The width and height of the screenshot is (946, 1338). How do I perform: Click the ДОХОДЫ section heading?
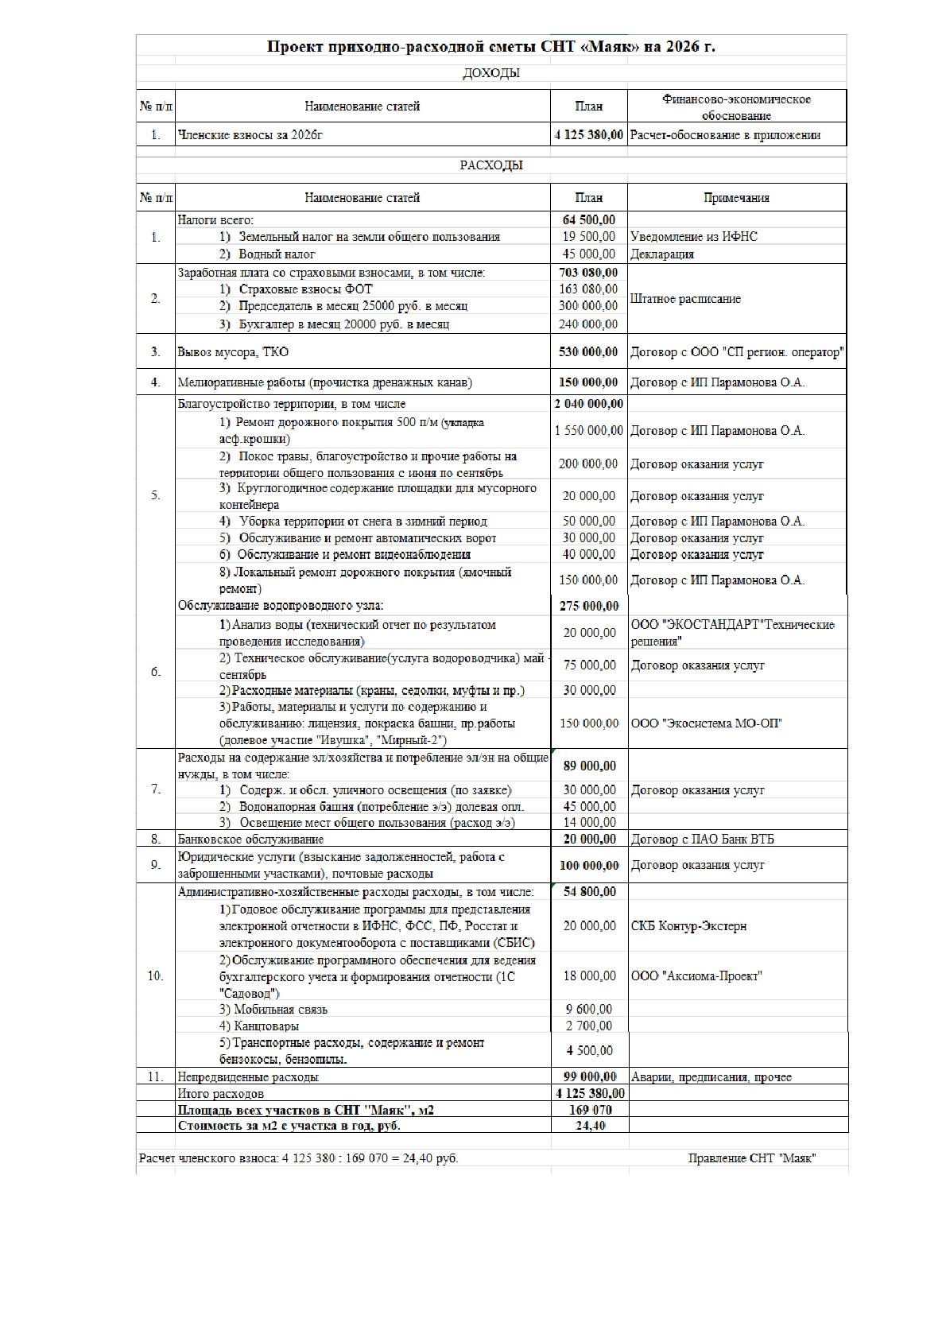tap(491, 73)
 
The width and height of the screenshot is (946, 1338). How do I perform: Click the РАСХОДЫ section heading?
tap(491, 165)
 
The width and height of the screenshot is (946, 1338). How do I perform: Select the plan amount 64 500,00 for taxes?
tap(589, 219)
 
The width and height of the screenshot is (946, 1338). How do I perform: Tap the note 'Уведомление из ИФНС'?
tap(693, 236)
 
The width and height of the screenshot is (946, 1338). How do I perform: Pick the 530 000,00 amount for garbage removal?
tap(589, 351)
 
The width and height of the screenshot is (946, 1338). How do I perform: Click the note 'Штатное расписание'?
tap(685, 299)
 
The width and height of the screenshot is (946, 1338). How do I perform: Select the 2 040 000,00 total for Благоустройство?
tap(589, 404)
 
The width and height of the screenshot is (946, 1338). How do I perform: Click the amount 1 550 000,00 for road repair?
tap(589, 430)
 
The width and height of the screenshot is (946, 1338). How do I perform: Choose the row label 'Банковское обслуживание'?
tap(250, 839)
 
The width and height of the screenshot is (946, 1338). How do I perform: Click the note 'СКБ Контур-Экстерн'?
tap(688, 925)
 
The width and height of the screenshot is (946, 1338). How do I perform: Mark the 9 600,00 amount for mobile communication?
tap(589, 1009)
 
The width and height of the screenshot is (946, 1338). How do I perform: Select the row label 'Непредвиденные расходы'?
tap(248, 1076)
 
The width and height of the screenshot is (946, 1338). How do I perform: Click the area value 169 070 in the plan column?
tap(589, 1110)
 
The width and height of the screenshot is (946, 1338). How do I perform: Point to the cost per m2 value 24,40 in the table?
tap(589, 1126)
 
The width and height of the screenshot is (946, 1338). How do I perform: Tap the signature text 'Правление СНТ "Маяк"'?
tap(752, 1158)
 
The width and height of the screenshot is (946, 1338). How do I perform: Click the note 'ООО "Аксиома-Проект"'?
tap(696, 975)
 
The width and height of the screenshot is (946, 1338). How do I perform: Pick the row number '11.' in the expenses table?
tap(155, 1076)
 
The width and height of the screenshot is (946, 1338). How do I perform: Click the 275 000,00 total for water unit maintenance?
tap(589, 606)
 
